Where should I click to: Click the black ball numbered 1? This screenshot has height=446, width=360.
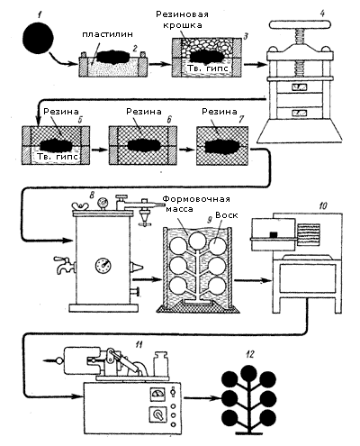pos(38,38)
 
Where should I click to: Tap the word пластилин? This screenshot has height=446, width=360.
pos(107,34)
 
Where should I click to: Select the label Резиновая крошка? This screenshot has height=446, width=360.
pos(182,19)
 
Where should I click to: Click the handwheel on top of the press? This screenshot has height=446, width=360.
pos(300,24)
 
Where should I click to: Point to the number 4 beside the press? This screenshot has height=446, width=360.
pos(322,14)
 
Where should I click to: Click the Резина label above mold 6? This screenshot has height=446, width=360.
pos(144,112)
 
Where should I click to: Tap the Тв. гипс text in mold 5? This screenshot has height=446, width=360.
pos(58,157)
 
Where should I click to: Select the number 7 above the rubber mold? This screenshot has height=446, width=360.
pos(239,119)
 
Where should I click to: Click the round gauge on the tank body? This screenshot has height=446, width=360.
pos(103,265)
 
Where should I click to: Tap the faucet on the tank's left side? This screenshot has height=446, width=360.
pos(63,264)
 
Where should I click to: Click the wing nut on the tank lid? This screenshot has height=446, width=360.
pos(80,206)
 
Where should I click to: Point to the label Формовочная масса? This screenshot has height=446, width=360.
pos(196,204)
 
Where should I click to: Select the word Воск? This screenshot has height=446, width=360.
pos(227,215)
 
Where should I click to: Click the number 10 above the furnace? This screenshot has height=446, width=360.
pos(322,205)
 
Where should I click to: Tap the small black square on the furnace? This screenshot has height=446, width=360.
pos(274,234)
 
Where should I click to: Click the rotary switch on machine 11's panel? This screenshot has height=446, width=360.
pos(157,414)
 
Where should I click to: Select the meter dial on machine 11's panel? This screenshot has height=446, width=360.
pos(157,394)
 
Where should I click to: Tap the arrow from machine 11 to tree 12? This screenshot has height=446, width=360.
pos(202,398)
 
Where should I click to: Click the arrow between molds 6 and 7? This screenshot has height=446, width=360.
pos(185,150)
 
